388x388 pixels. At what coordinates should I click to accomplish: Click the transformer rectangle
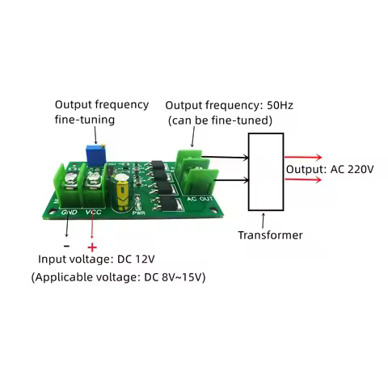point(265,171)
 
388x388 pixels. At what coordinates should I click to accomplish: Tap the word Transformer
point(270,235)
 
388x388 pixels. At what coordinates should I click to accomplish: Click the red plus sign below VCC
point(92,246)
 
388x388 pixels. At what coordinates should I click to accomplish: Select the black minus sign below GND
point(66,244)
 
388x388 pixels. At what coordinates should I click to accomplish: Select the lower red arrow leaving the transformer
point(304,179)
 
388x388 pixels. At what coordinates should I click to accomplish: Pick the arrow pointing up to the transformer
point(264,219)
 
